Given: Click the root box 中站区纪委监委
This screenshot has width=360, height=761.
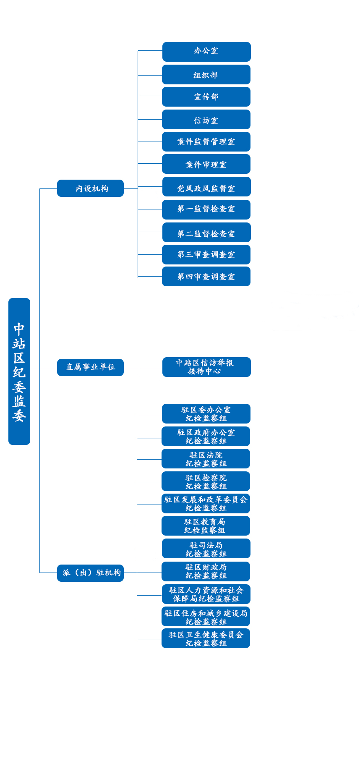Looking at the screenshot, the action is click(x=19, y=371).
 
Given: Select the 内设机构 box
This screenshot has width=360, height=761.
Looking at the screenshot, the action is click(x=90, y=188).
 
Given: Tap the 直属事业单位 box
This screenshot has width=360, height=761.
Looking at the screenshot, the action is click(x=90, y=367).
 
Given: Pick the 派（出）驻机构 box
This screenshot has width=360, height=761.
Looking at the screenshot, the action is click(x=90, y=573).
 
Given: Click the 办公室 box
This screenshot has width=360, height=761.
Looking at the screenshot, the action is click(x=206, y=52).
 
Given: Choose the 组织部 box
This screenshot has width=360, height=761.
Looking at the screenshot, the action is click(x=206, y=74).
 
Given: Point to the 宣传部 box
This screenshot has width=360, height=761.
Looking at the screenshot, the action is click(x=206, y=97).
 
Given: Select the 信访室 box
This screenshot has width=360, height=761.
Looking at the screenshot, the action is click(x=206, y=119).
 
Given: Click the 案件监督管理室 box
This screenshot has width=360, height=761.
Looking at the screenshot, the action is click(x=206, y=141).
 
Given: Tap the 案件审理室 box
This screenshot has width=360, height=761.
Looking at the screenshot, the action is click(x=206, y=164).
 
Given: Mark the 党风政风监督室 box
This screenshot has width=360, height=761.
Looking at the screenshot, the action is click(x=206, y=186).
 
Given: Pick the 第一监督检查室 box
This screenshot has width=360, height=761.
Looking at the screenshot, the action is click(x=206, y=209).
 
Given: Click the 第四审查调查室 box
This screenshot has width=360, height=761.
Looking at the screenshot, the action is click(x=206, y=276).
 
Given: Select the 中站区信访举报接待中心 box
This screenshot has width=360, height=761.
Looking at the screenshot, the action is click(x=206, y=367).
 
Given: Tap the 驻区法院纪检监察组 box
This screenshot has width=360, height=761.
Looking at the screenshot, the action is click(x=206, y=458).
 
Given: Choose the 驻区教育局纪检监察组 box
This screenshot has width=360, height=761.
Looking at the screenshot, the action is click(x=206, y=526).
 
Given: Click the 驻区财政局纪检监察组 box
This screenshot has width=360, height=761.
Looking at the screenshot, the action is click(x=206, y=571).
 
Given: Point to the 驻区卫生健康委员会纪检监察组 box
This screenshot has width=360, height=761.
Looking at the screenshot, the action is click(x=206, y=638).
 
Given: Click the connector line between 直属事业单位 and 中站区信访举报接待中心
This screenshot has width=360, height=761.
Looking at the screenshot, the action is click(x=143, y=367).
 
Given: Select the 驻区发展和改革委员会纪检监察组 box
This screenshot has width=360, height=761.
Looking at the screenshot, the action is click(x=206, y=503).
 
